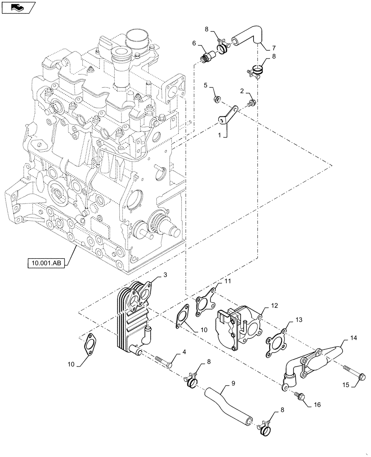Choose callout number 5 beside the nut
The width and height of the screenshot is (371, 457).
click(206, 85)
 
